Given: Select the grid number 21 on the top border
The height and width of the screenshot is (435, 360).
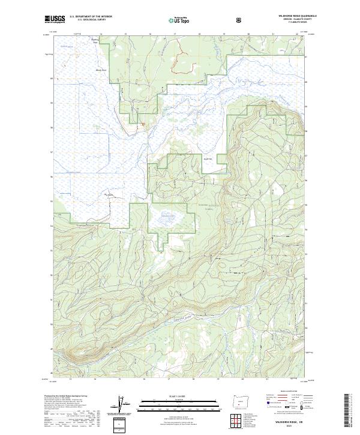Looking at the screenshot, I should pos(273,34).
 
